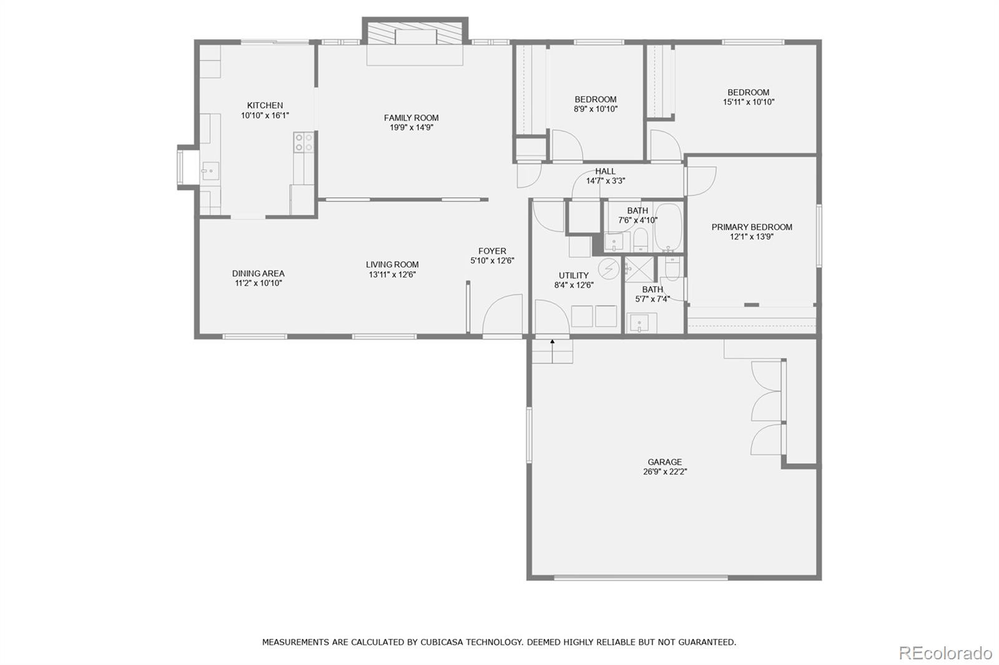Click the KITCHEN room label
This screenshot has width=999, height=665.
[265, 105]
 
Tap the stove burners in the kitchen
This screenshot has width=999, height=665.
[303, 143]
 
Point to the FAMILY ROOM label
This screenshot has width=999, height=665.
[411, 118]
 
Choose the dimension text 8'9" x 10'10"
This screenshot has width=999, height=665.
[596, 109]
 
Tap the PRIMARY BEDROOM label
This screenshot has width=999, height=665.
[752, 227]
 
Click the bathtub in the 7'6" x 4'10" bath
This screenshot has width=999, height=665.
[668, 225]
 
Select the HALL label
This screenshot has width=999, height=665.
[605, 172]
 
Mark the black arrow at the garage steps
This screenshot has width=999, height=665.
[553, 342]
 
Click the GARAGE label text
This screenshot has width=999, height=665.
[664, 462]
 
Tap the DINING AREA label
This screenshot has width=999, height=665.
[258, 273]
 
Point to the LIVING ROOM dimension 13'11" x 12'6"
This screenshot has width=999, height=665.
[392, 274]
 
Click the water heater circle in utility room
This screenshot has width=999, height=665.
[608, 269]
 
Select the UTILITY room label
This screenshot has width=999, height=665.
[573, 275]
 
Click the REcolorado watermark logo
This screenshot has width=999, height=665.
[945, 653]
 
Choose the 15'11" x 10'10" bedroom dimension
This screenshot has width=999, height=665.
[748, 102]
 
